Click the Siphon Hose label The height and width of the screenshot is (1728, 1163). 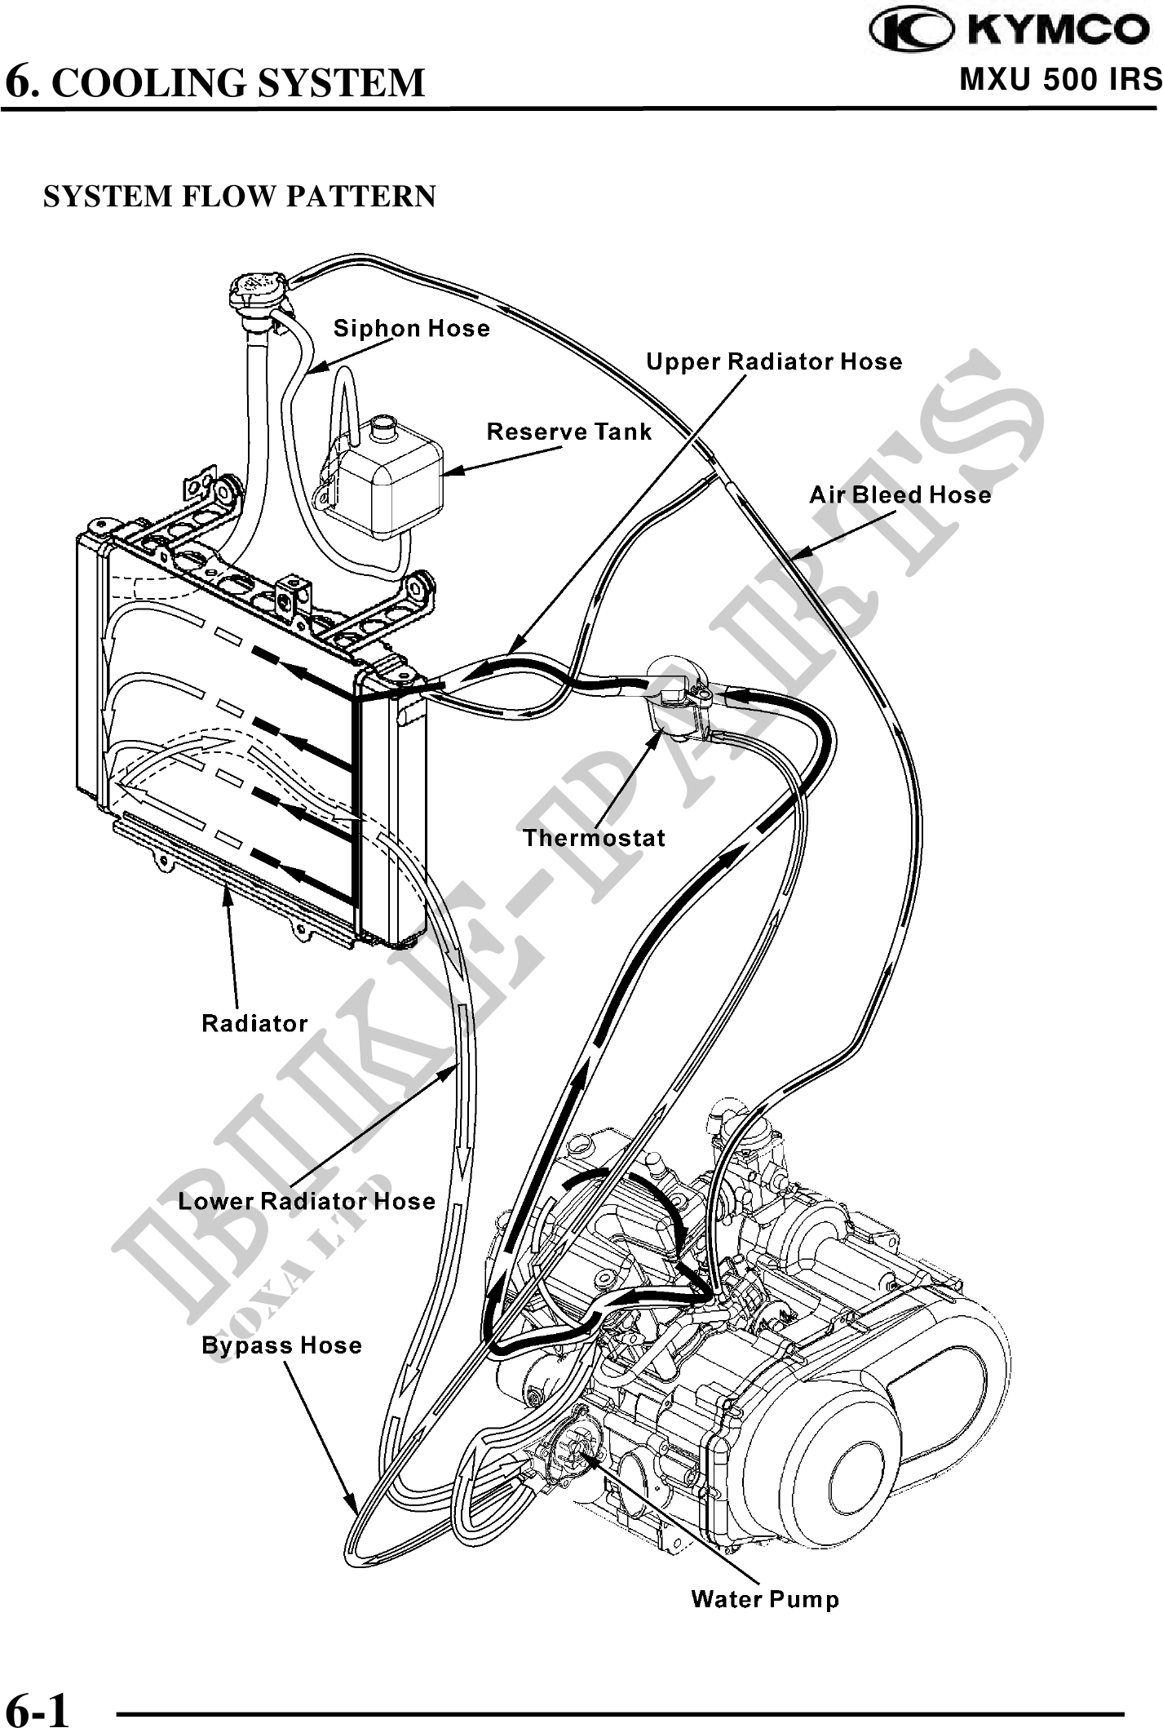(x=412, y=329)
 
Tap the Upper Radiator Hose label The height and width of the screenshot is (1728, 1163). (x=774, y=361)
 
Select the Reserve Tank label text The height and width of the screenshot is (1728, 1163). (x=569, y=432)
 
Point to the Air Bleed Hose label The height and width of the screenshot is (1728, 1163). (x=900, y=494)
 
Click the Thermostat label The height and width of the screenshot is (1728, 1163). (x=594, y=838)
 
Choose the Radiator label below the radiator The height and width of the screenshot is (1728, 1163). (x=254, y=1023)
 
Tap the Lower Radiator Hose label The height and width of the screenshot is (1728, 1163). (x=307, y=1201)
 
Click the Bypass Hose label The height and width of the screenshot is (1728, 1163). (x=281, y=1345)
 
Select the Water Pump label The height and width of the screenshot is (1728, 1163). (x=765, y=1599)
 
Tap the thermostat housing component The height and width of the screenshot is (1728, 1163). (x=674, y=693)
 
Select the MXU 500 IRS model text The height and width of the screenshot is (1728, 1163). (x=1060, y=79)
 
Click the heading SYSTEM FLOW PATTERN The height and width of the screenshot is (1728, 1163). (x=240, y=197)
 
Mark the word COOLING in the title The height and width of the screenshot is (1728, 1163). (x=153, y=82)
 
